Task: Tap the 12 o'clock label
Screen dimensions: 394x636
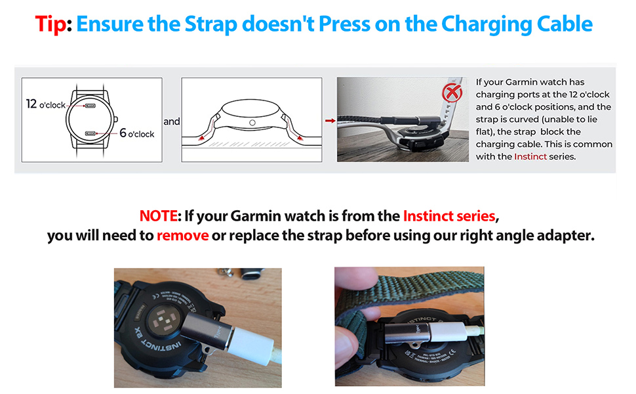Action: pyautogui.click(x=46, y=105)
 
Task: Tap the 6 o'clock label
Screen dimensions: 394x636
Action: pyautogui.click(x=136, y=134)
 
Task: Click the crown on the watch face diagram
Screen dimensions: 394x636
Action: pyautogui.click(x=116, y=120)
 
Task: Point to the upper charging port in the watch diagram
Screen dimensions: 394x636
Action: pyautogui.click(x=90, y=106)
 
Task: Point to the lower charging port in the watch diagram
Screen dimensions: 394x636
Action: pyautogui.click(x=90, y=133)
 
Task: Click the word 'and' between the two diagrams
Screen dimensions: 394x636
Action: pyautogui.click(x=171, y=122)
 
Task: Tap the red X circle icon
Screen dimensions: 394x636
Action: pyautogui.click(x=452, y=94)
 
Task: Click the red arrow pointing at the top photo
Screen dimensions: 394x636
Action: pyautogui.click(x=329, y=121)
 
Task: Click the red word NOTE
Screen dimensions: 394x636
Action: pyautogui.click(x=159, y=216)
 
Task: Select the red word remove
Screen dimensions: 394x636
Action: pyautogui.click(x=182, y=236)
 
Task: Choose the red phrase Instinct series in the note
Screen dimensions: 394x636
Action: pyautogui.click(x=450, y=216)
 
